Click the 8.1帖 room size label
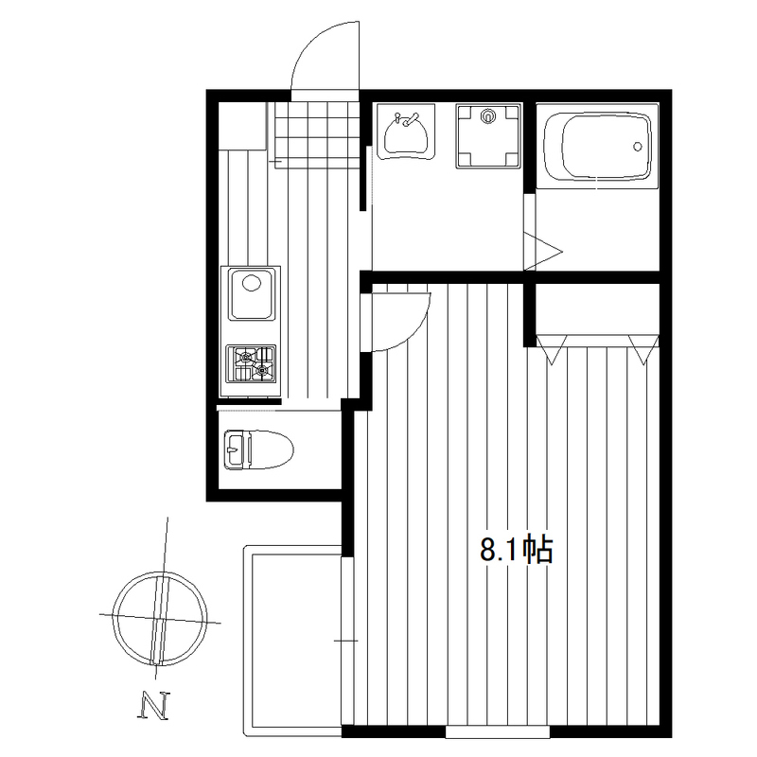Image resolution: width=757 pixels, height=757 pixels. (516, 550)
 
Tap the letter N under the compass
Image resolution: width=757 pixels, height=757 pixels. (154, 706)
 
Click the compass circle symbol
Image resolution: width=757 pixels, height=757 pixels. (160, 619)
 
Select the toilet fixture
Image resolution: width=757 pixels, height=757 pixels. (258, 449)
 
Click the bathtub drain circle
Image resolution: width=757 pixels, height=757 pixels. (637, 147)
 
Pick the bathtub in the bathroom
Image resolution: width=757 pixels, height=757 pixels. (598, 150)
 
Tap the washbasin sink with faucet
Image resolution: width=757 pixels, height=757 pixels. (406, 132)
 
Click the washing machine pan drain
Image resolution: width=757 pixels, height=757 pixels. (488, 115)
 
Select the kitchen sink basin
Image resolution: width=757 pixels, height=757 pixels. (251, 294)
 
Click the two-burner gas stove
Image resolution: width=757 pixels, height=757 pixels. (251, 363)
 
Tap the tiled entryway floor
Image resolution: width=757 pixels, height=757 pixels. (317, 135)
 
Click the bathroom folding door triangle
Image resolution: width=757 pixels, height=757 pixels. (544, 251)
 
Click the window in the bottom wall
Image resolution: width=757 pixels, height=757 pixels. (498, 731)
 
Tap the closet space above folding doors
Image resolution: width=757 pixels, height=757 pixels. (598, 309)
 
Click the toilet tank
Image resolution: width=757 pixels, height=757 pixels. (238, 449)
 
